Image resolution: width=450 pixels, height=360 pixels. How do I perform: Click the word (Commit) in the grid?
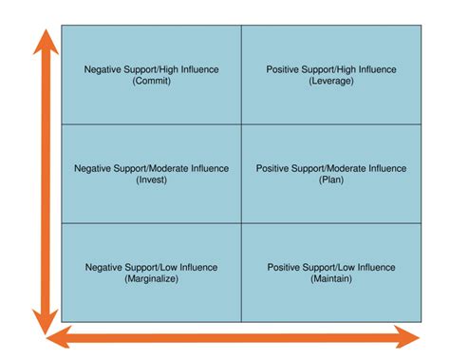coord(151,82)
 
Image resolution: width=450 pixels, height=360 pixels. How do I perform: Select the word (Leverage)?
coord(331,82)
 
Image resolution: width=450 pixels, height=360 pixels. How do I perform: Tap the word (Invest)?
coord(151,180)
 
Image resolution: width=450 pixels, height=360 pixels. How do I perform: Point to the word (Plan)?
coord(331,180)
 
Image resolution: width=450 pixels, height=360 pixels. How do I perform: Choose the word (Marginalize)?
coord(151,279)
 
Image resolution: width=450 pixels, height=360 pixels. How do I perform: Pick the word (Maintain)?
coord(331,279)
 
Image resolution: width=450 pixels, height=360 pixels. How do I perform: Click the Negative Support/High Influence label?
coord(151,69)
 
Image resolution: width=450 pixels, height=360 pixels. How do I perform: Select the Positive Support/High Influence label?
coord(331,69)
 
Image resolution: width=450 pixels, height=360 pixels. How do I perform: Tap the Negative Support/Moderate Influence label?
coord(151,168)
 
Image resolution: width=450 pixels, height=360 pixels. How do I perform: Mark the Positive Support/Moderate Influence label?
coord(331,168)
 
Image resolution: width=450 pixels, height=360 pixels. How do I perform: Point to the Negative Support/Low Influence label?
coord(151,267)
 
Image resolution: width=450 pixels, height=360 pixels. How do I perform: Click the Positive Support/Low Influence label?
coord(331,267)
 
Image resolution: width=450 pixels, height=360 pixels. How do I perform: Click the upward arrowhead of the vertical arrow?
coord(42,43)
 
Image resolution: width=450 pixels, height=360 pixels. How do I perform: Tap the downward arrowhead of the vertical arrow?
coord(42,320)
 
